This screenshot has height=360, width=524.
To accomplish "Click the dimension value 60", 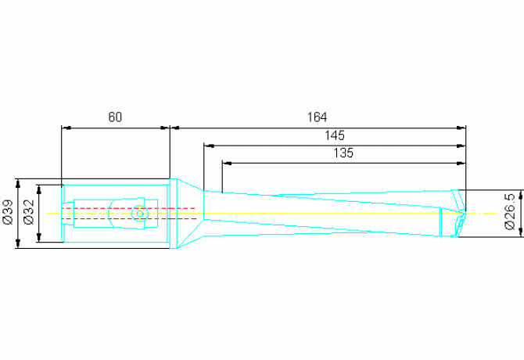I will (x=115, y=117).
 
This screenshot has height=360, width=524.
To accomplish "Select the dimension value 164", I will (x=317, y=117).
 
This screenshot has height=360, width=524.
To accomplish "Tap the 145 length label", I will (x=335, y=135).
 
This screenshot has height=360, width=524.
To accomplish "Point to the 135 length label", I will (x=343, y=153).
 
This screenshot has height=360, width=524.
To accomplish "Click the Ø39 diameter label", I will (x=8, y=213).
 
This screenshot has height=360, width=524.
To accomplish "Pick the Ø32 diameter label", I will (x=29, y=213).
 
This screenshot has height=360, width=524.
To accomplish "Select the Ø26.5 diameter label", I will (x=510, y=213).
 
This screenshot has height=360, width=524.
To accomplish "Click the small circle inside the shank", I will (x=140, y=213).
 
